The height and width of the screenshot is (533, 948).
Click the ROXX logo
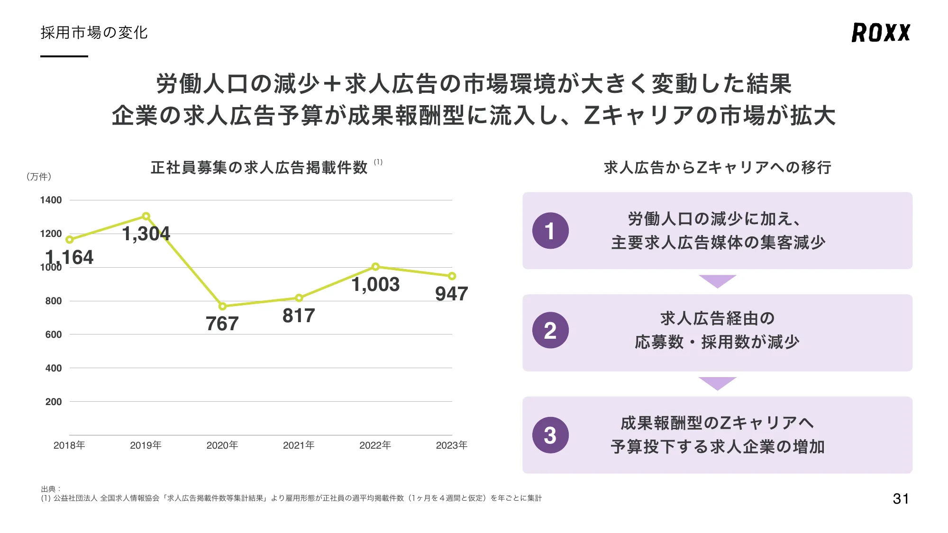coord(881,33)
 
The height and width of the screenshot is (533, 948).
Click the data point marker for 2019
coord(146,216)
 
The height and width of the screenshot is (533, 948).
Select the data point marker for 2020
coord(222,306)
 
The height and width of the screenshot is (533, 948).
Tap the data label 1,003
coord(375,284)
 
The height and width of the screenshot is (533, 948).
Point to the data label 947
coord(451,294)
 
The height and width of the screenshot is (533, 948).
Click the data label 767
coord(222,324)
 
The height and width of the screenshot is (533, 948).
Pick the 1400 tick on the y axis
coord(51,200)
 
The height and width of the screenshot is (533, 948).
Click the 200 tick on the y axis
coord(54,402)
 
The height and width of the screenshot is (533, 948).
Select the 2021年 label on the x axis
coord(299,445)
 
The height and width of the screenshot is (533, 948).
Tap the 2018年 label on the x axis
coord(69,445)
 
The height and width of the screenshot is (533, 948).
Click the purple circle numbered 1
coord(550,231)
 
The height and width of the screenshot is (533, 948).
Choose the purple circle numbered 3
coord(550,435)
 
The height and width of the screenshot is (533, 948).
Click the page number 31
coord(901,498)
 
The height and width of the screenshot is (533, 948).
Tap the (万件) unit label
coord(39,177)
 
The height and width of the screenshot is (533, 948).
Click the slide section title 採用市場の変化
coord(94,33)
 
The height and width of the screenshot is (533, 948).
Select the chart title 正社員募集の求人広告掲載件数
coord(259,168)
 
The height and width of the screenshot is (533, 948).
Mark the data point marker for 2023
coord(452,276)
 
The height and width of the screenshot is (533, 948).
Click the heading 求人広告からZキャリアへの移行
coord(717,168)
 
